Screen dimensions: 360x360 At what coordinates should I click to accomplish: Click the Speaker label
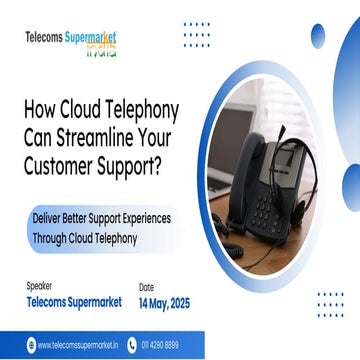(41, 286)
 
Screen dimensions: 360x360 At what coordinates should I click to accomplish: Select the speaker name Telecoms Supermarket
(74, 300)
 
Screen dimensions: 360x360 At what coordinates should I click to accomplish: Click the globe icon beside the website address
(30, 346)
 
